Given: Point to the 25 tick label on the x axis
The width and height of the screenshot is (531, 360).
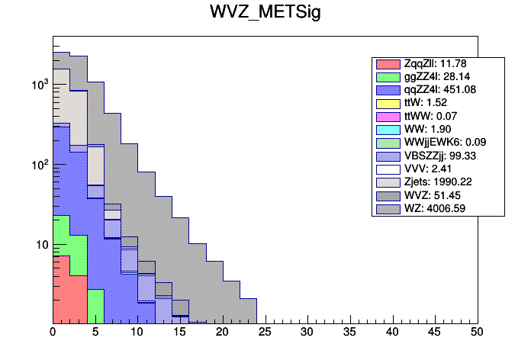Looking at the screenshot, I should (x=265, y=333).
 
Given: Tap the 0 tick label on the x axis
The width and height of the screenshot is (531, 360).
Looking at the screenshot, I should (x=53, y=333).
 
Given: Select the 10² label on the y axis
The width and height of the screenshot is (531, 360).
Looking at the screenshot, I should (x=38, y=164).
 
